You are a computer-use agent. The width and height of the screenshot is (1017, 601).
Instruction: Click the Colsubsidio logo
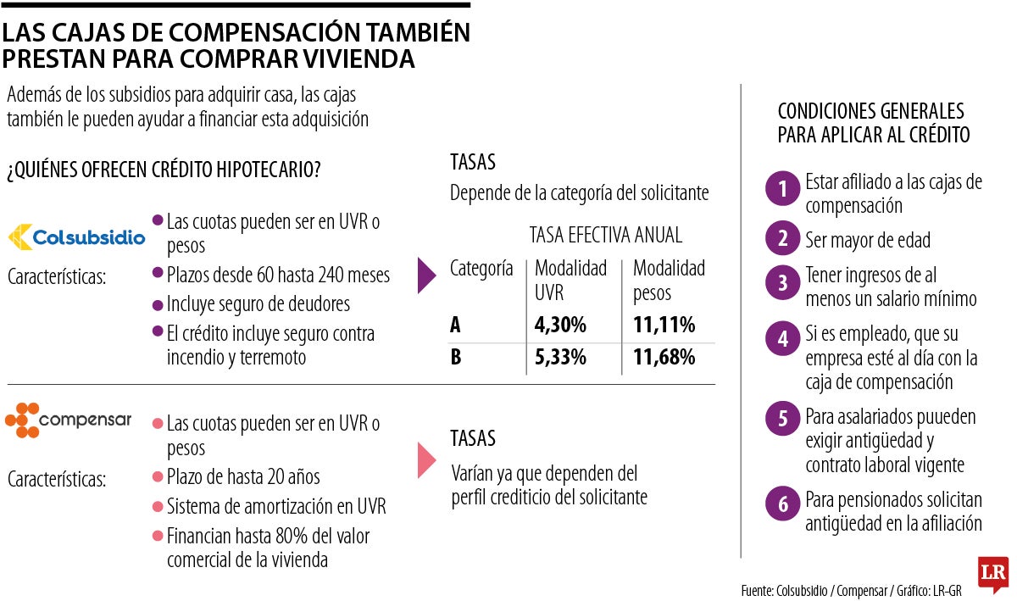76,237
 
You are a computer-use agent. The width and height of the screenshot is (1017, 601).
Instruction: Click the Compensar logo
69,420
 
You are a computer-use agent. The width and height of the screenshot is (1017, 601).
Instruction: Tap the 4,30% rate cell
560,325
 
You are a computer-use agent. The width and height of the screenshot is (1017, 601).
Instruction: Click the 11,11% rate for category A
664,325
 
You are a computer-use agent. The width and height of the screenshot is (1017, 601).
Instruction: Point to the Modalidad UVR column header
570,281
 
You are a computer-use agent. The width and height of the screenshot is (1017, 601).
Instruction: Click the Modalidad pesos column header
669,281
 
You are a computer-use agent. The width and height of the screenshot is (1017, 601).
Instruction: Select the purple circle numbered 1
782,189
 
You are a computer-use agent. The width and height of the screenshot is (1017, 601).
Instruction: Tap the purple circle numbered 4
782,339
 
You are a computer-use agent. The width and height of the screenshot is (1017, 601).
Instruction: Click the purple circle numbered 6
782,504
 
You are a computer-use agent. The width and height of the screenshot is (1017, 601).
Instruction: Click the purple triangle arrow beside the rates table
427,276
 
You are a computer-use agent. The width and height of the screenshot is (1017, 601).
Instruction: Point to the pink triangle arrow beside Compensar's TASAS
427,459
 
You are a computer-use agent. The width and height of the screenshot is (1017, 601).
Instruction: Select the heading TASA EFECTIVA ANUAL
605,235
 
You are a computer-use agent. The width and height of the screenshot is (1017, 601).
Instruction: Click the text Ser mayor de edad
867,240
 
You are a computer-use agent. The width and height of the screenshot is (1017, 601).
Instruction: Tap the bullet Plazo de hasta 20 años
243,476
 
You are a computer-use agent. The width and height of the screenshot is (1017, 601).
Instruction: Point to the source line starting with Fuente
851,590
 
